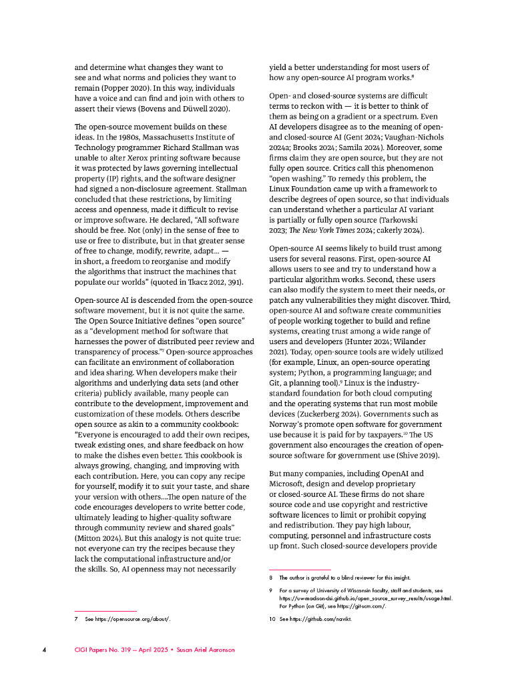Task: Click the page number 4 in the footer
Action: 43,649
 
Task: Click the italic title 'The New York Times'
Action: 315,230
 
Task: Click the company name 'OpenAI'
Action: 393,473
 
